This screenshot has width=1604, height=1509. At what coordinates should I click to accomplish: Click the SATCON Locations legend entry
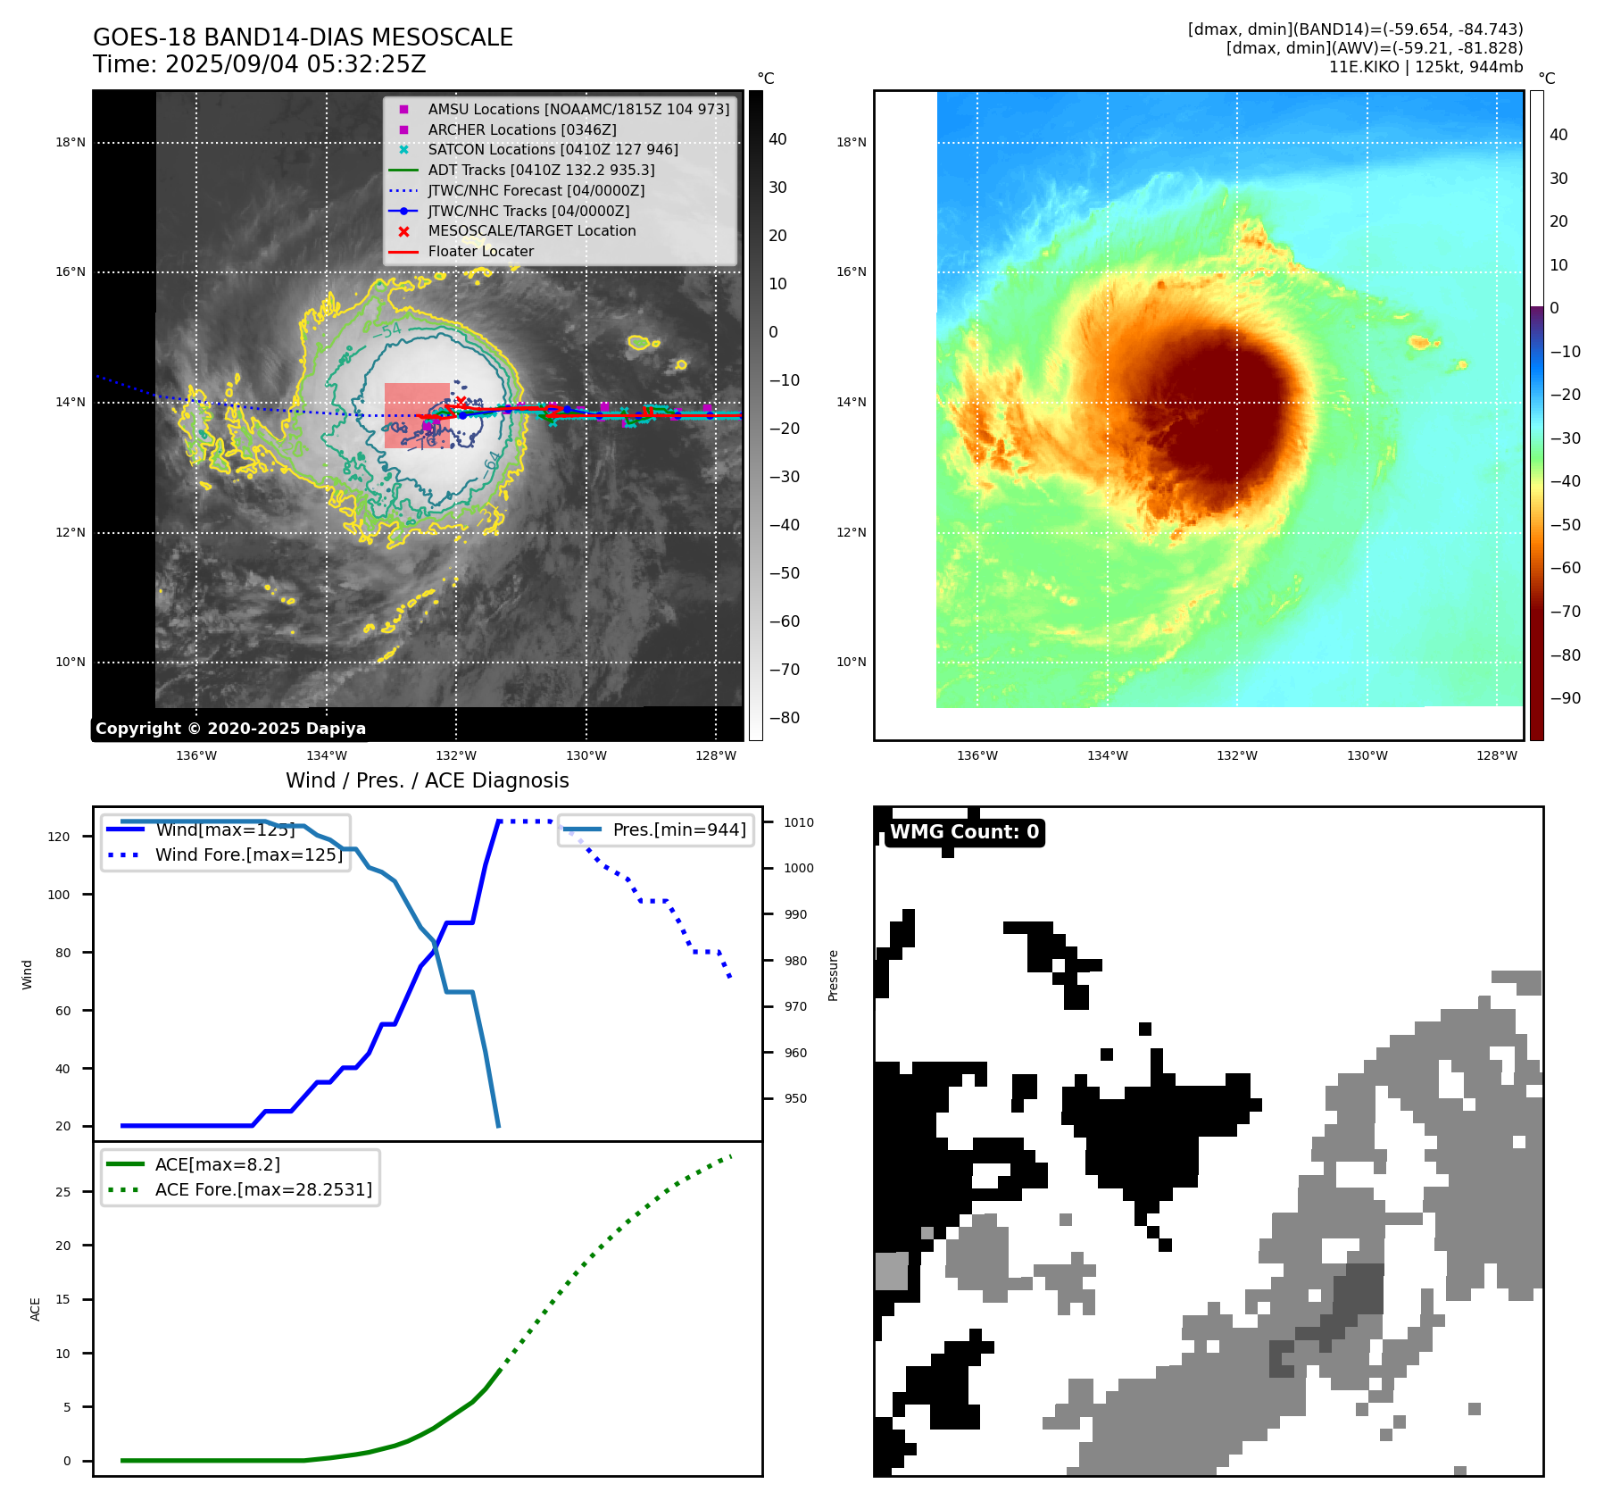[x=553, y=150]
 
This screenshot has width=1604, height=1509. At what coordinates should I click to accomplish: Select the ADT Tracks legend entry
[x=541, y=170]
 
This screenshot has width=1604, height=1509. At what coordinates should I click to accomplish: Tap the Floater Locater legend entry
[x=480, y=252]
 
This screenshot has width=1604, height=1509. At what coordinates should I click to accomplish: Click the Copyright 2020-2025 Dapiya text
[x=230, y=729]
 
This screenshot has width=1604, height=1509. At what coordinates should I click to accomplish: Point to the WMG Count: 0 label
[x=964, y=832]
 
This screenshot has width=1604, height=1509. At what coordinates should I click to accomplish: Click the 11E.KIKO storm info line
[x=1425, y=67]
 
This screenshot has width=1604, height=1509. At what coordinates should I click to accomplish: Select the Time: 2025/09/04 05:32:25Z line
[x=260, y=64]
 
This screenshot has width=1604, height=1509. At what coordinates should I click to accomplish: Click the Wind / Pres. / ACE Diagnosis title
[x=427, y=780]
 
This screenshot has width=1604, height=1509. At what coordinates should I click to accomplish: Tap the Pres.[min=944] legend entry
[x=678, y=830]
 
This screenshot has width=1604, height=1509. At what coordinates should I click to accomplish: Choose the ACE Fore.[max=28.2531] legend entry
[x=263, y=1189]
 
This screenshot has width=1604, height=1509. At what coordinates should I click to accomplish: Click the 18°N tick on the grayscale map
[x=71, y=142]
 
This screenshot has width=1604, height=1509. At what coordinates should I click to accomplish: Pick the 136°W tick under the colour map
[x=977, y=755]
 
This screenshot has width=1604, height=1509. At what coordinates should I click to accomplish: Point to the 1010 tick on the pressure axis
[x=799, y=822]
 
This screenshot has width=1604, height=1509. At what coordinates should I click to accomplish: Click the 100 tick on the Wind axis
[x=59, y=895]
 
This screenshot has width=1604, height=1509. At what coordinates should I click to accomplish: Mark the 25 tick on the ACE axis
[x=63, y=1192]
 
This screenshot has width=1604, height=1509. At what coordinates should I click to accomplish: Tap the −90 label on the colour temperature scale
[x=1565, y=698]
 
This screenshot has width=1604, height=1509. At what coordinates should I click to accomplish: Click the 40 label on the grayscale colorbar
[x=777, y=139]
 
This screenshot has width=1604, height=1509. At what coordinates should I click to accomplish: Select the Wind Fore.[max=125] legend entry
[x=248, y=855]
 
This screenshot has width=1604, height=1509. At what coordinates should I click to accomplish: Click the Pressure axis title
[x=834, y=975]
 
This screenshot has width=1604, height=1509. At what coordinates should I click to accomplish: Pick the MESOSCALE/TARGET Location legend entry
[x=531, y=231]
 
